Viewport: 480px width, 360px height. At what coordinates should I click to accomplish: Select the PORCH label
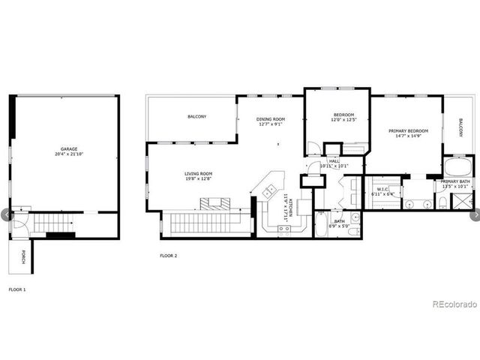tap(23, 256)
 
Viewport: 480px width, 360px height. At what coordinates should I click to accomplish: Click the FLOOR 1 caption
tap(17, 289)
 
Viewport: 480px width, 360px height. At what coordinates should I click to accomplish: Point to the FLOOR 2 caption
tap(168, 256)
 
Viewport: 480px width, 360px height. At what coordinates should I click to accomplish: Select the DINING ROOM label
tap(271, 118)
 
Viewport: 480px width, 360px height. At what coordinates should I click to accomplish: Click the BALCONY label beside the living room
tap(197, 117)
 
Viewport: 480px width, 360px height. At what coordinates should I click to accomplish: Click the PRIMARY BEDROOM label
tap(407, 130)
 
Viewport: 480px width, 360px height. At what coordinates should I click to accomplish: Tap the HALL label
tap(334, 160)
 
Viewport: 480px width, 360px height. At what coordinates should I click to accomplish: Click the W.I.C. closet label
tap(382, 188)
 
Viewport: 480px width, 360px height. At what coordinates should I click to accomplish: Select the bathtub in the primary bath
tap(458, 166)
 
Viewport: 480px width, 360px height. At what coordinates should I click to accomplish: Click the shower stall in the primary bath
tap(462, 199)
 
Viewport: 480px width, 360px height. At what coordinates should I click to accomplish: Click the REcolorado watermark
tap(454, 304)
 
